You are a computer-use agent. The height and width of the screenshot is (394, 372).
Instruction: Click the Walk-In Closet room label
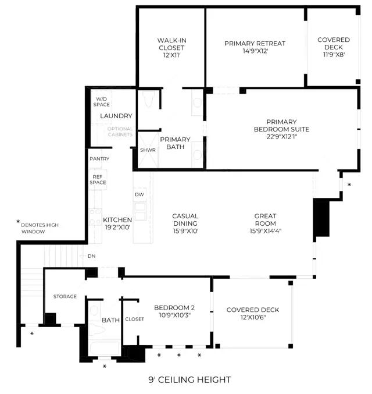click(172, 44)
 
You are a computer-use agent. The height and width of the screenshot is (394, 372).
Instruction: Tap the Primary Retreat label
click(255, 44)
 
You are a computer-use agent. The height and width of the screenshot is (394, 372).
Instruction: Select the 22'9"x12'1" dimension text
click(282, 137)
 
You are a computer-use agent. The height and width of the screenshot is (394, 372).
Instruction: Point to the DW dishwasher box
click(139, 194)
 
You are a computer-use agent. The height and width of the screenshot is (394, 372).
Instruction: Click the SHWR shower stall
click(148, 150)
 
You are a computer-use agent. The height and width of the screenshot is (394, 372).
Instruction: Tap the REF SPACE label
click(98, 180)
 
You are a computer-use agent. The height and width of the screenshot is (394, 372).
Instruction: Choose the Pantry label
click(99, 159)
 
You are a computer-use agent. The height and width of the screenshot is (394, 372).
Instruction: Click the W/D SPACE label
click(101, 102)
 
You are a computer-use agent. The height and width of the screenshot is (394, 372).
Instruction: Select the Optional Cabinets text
click(120, 132)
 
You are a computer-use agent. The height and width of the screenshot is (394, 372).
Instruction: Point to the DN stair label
click(92, 256)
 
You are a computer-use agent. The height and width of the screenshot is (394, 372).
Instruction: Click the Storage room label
click(65, 296)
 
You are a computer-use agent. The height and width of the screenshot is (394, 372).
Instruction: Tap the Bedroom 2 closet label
click(134, 319)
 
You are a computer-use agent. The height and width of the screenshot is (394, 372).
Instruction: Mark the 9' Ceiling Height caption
click(189, 379)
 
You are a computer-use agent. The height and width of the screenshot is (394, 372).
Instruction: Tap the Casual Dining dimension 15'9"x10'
click(186, 231)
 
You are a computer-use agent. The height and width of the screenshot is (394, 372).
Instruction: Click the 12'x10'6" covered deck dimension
click(253, 317)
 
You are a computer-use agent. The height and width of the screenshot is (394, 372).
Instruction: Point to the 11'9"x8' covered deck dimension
click(334, 55)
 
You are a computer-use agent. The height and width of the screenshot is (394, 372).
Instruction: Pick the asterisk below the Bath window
click(105, 366)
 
